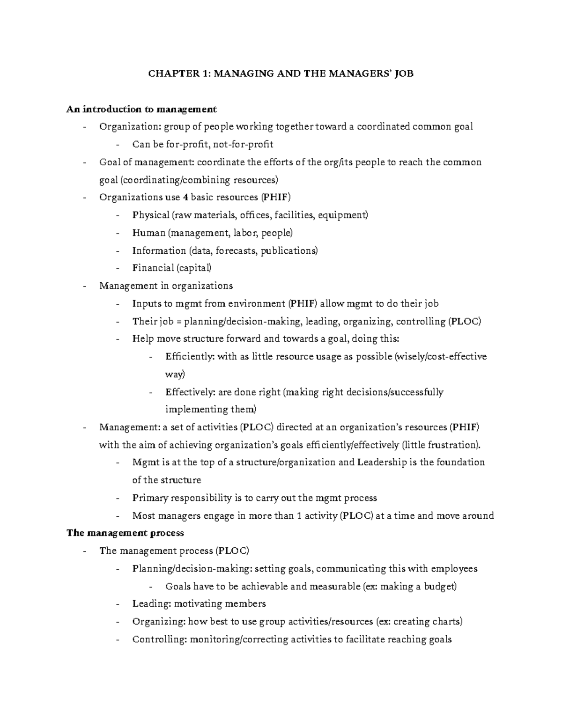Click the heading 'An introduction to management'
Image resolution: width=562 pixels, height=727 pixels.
(141, 109)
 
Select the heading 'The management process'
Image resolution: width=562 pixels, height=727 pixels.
(125, 533)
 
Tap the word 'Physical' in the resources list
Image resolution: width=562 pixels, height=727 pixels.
(151, 215)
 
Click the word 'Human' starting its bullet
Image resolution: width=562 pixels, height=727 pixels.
(148, 233)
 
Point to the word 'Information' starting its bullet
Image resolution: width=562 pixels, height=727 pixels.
(159, 250)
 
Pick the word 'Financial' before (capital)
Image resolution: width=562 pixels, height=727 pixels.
(153, 268)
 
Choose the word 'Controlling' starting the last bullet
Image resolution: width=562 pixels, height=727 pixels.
(158, 639)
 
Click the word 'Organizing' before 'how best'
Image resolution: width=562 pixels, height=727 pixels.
(158, 621)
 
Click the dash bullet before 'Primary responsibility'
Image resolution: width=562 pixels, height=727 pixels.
(118, 498)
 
